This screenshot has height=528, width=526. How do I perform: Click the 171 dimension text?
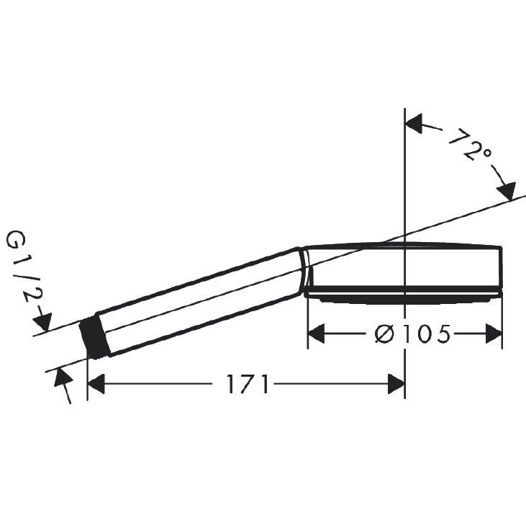(248, 384)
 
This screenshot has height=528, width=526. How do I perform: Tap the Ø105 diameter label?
(412, 334)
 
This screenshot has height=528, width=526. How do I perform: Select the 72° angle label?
(470, 145)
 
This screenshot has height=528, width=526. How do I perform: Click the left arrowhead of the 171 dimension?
(96, 383)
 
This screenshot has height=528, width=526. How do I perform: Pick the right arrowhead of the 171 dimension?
(396, 383)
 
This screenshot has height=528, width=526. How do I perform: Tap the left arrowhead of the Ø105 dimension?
(316, 334)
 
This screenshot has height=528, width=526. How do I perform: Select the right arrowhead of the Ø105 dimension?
(494, 334)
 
